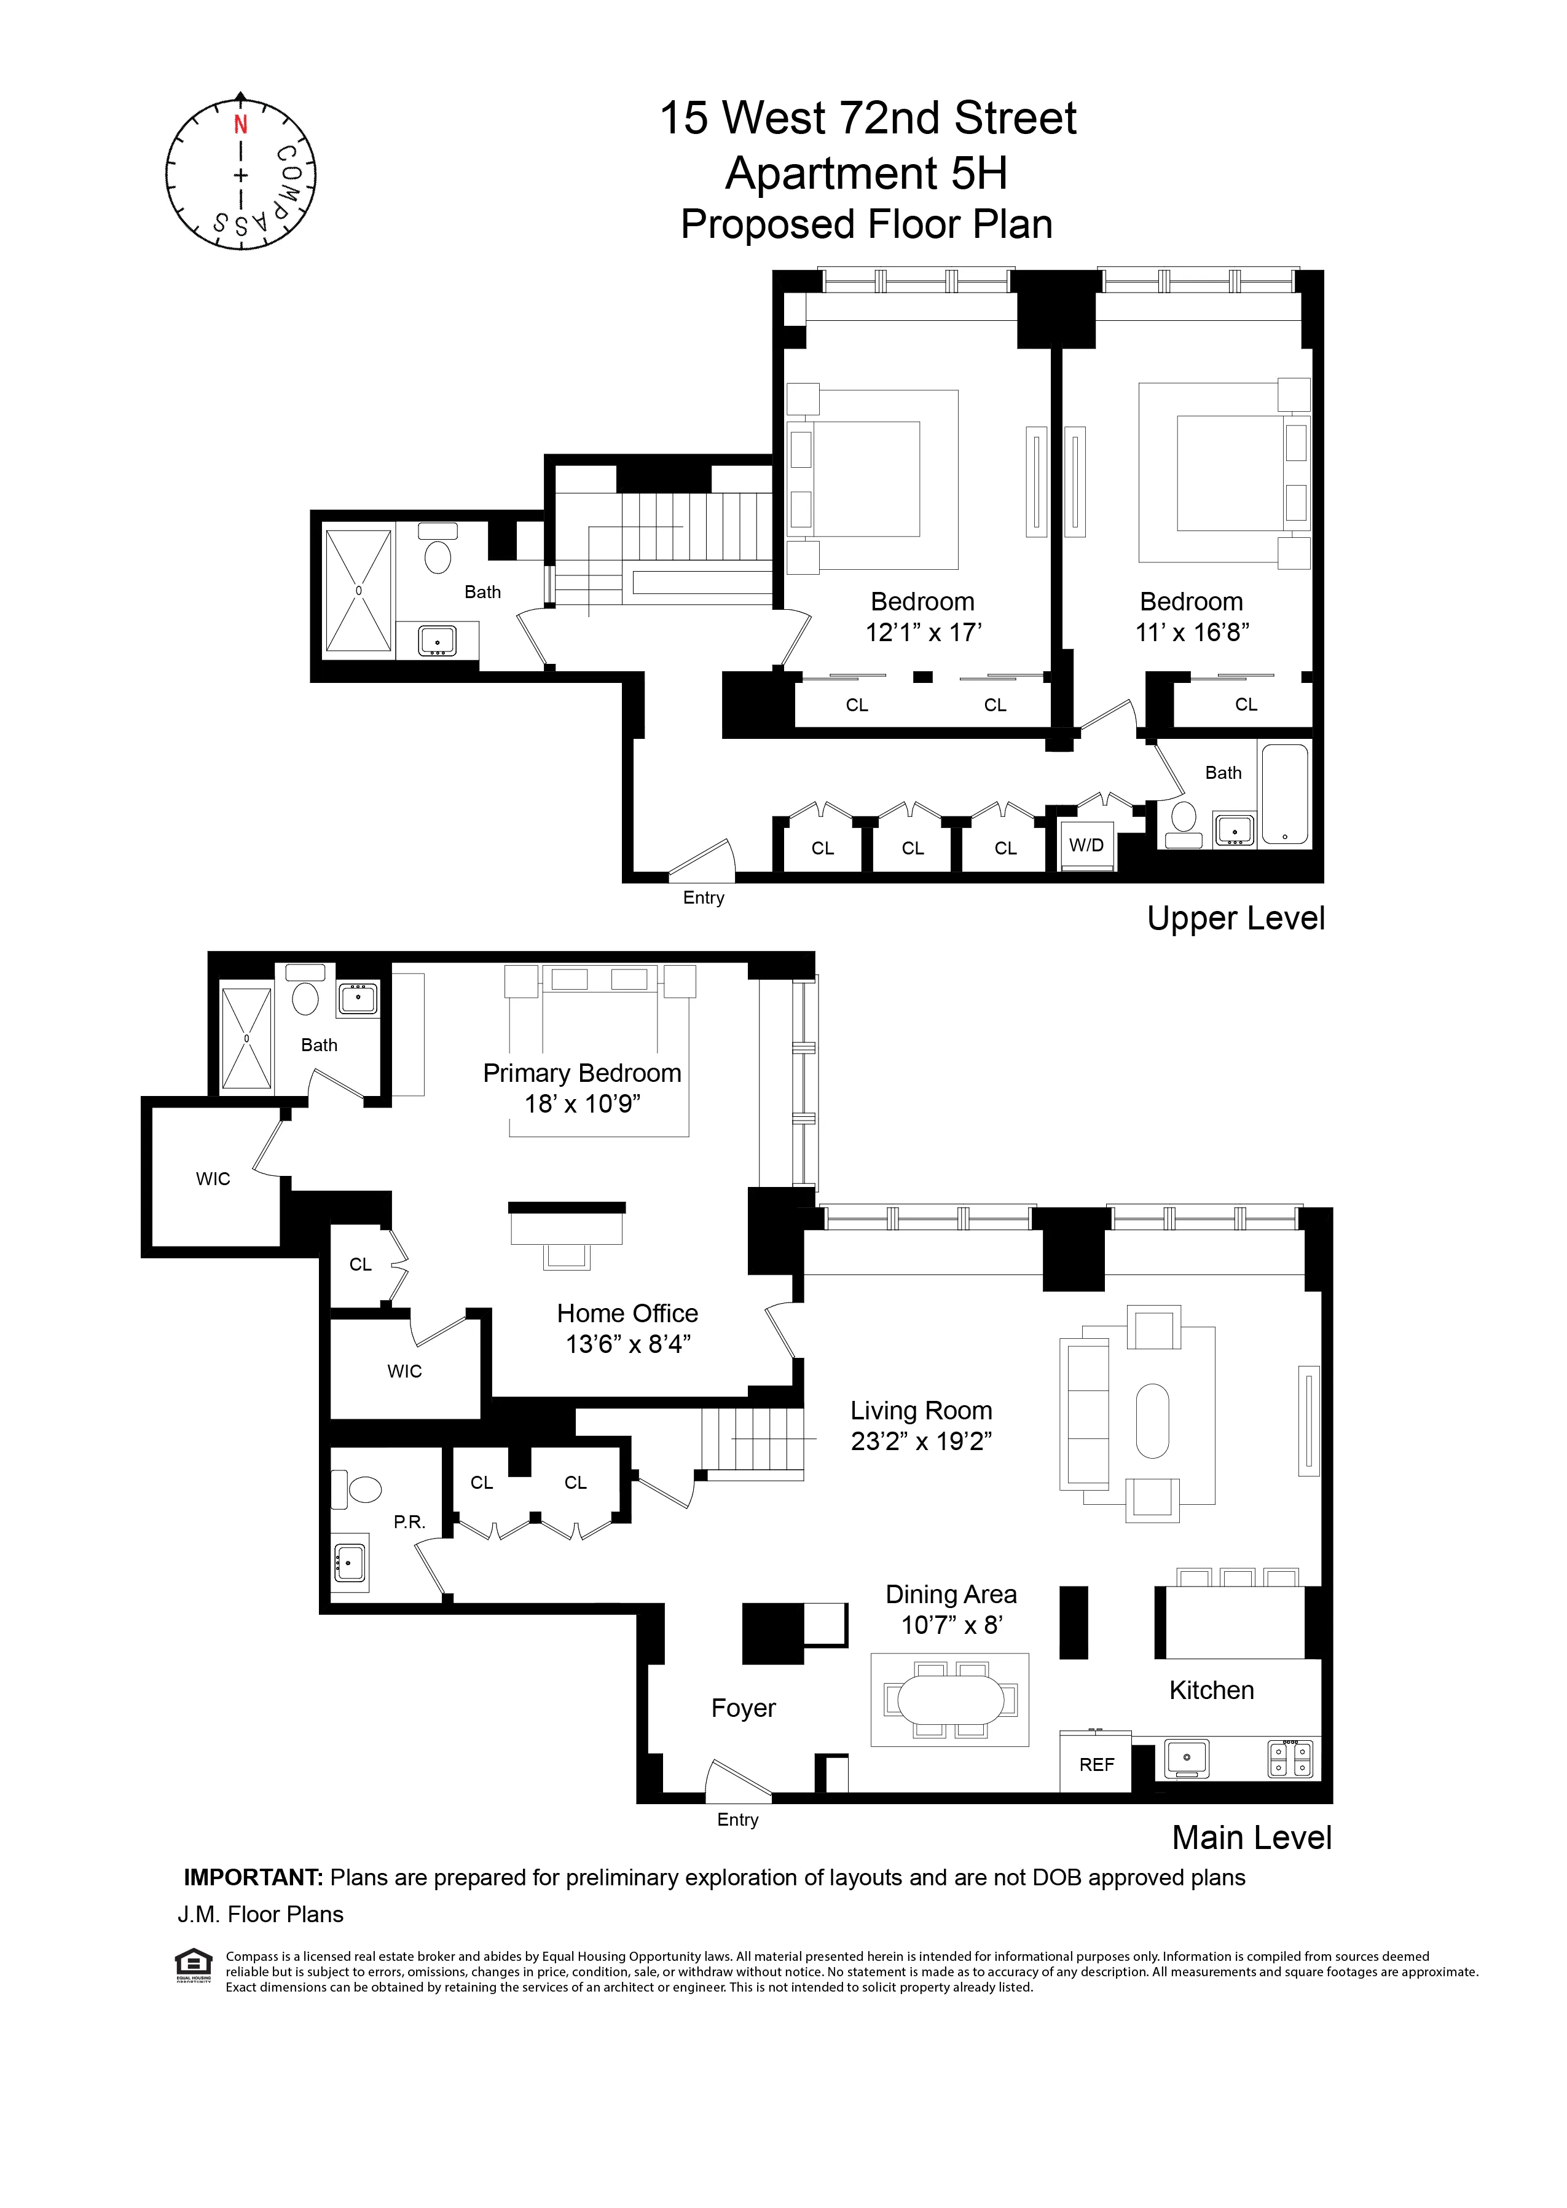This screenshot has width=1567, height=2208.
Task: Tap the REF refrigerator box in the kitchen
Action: coord(1096,1764)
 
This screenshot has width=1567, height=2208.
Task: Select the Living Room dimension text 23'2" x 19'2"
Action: coord(922,1441)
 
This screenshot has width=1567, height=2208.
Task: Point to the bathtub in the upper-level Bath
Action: coord(1284,792)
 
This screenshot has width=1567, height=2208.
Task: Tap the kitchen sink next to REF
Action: coord(1187,1757)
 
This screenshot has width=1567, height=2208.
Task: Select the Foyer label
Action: coord(743,1708)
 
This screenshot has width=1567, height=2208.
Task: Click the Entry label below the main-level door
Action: coord(737,1819)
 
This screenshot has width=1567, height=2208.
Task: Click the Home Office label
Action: coord(627,1314)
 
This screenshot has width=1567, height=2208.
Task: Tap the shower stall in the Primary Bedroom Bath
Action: coord(247,1038)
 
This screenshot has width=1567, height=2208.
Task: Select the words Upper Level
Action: coord(1235,918)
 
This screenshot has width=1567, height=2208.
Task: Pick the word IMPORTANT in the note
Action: coord(253,1877)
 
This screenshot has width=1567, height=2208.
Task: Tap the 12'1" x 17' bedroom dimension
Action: coord(922,632)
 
